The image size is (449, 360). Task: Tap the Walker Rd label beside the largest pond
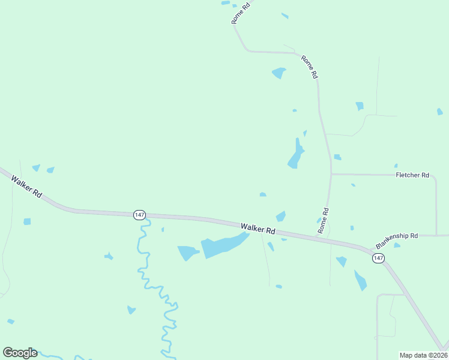pyautogui.click(x=258, y=229)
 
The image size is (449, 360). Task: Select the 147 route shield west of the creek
pyautogui.click(x=139, y=214)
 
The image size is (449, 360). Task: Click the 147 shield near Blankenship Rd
pyautogui.click(x=378, y=257)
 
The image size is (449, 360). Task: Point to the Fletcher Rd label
pyautogui.click(x=412, y=175)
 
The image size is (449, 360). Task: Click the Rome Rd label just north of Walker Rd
pyautogui.click(x=324, y=221)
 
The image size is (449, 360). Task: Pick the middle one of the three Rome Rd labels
pyautogui.click(x=309, y=67)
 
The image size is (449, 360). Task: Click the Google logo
pyautogui.click(x=20, y=353)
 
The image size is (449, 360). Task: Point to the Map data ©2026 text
pyautogui.click(x=423, y=355)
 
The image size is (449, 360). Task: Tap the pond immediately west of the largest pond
pyautogui.click(x=187, y=253)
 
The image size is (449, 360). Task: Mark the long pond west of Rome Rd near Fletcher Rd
pyautogui.click(x=296, y=154)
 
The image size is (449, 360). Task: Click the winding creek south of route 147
pyautogui.click(x=144, y=264)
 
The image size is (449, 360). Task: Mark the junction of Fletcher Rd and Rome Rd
pyautogui.click(x=331, y=175)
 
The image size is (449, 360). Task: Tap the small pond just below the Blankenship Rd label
pyautogui.click(x=397, y=245)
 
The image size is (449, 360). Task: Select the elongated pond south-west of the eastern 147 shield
pyautogui.click(x=360, y=281)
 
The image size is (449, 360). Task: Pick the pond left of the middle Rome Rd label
pyautogui.click(x=279, y=73)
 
